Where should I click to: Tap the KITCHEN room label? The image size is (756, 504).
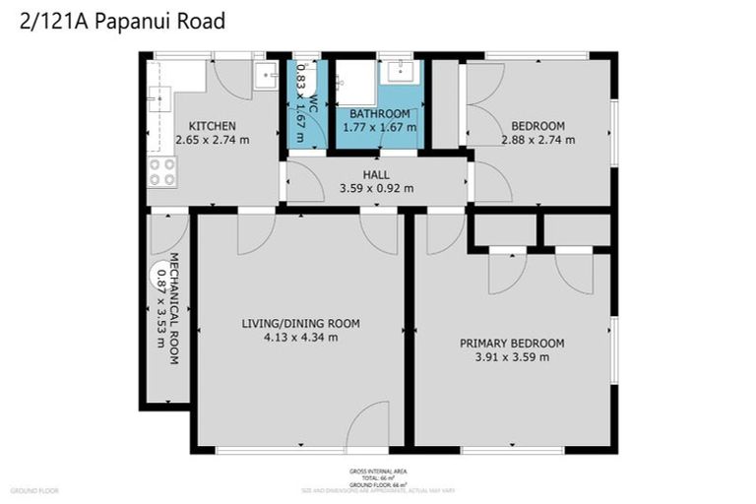212,125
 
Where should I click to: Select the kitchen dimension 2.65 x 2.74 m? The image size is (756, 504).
212,140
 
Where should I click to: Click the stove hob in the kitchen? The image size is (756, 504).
161,172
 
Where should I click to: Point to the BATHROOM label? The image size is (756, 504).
379,113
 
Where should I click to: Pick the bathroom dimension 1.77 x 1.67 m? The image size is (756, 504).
379,127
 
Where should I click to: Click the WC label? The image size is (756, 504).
313,102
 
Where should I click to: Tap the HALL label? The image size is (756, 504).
376,174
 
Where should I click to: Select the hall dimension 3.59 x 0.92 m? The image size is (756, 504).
376,188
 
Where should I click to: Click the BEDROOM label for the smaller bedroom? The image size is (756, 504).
537,125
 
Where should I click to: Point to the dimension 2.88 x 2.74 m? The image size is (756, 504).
537,140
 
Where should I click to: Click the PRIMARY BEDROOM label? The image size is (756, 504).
512,343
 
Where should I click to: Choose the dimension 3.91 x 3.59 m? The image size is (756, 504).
512,356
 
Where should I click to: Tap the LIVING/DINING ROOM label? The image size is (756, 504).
301,323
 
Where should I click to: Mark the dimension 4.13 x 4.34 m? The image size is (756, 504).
301,337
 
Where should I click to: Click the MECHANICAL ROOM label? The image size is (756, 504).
173,309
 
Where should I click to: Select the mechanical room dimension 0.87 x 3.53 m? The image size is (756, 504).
160,309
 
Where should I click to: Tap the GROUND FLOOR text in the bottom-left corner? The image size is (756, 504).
34,490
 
